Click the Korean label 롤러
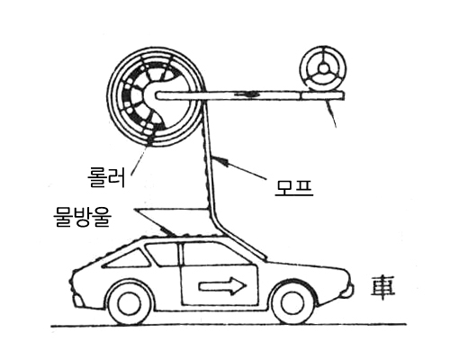point(106,177)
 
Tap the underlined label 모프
point(294,187)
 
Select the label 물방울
point(82,217)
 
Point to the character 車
point(382,288)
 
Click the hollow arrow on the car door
point(222,285)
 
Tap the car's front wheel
point(292,304)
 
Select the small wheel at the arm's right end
point(323,68)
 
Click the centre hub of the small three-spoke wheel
point(323,68)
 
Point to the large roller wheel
point(157,96)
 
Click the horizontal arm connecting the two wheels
point(249,96)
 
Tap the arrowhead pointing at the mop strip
point(218,160)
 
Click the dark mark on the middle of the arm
point(247,94)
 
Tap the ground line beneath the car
point(229,325)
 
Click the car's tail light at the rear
point(77,301)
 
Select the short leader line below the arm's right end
point(331,114)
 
